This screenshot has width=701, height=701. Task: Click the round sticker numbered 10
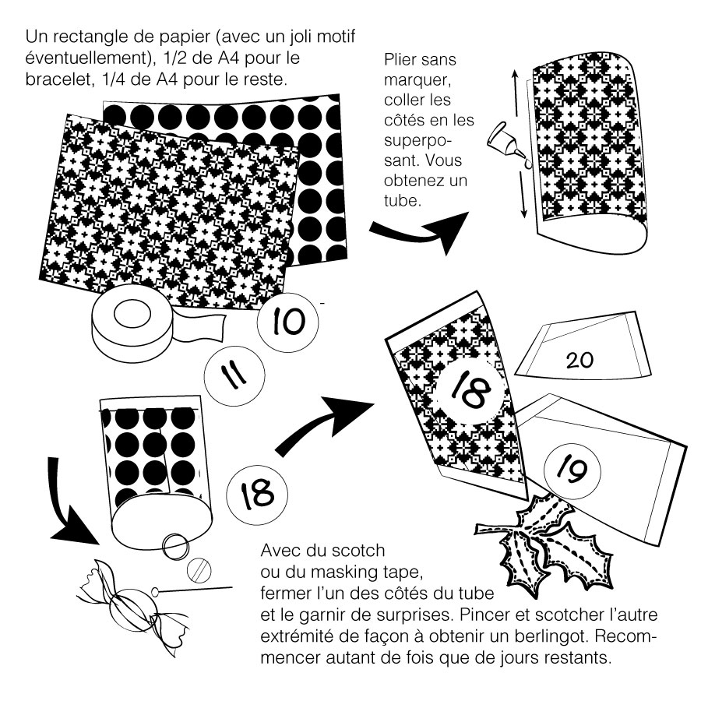288,321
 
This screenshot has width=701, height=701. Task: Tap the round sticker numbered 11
234,375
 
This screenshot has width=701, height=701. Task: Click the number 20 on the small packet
579,360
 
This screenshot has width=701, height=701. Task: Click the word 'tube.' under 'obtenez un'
403,200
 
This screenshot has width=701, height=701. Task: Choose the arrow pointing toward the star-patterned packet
322,424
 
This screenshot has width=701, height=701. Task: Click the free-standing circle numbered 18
256,495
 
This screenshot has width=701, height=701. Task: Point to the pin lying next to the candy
192,590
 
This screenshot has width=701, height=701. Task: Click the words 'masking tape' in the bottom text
367,572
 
